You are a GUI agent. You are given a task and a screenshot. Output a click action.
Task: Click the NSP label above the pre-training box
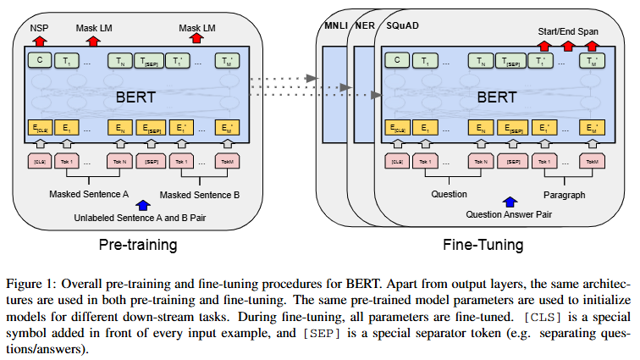(39, 28)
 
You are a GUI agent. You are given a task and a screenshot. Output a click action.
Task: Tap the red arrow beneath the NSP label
(40, 41)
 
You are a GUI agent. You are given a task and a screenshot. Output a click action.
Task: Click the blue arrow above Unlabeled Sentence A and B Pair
(142, 205)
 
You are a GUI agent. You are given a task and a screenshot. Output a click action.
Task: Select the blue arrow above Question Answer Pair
(510, 202)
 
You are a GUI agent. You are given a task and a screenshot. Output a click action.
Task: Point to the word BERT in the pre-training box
(136, 97)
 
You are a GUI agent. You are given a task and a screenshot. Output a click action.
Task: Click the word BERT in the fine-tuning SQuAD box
(497, 97)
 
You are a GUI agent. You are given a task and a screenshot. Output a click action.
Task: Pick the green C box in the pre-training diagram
(40, 60)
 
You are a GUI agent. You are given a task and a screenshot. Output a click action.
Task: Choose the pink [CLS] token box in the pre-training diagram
(40, 162)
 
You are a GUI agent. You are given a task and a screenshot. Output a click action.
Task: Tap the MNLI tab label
(335, 25)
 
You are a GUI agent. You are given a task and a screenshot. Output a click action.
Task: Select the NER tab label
(365, 25)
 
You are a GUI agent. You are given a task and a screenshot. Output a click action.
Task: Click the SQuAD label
(402, 25)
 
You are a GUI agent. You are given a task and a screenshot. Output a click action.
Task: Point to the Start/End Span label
(568, 31)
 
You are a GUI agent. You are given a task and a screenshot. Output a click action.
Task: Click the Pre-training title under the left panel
(138, 245)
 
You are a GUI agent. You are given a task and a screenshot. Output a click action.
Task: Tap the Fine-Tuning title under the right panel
(483, 245)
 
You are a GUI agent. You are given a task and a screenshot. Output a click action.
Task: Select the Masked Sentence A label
(89, 194)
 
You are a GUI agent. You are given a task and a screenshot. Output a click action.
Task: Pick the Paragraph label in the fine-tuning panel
(564, 195)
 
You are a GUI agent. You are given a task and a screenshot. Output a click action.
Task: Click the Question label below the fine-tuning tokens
(449, 194)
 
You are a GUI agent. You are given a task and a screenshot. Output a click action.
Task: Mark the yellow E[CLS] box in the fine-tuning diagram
(397, 128)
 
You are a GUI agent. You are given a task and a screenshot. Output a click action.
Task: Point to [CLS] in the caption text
(543, 317)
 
